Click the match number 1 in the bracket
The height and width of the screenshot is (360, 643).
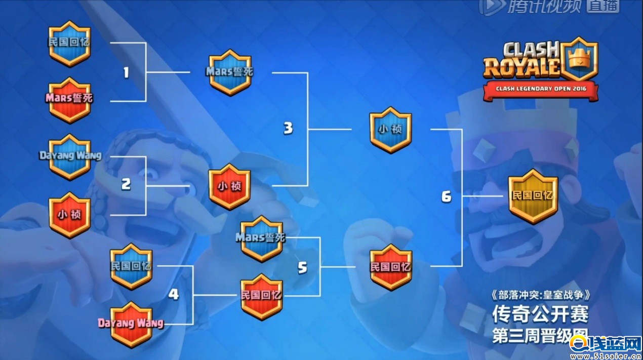click(x=126, y=73)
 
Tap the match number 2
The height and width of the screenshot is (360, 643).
click(x=126, y=184)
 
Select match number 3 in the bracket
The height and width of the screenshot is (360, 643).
click(x=288, y=129)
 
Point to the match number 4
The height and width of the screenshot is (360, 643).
click(x=174, y=294)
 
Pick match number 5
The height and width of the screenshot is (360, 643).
click(x=302, y=267)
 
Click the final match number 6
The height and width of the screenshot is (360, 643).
click(x=446, y=196)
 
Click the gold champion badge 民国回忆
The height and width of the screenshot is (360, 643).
click(x=533, y=196)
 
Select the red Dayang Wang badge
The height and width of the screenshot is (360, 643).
click(x=131, y=324)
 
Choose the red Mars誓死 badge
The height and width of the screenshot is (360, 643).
click(x=70, y=99)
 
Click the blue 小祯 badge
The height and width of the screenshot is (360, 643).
click(x=390, y=130)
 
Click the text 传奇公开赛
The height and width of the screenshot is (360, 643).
click(x=540, y=315)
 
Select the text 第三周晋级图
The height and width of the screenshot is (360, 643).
click(x=540, y=336)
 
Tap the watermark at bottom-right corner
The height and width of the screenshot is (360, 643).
click(x=606, y=348)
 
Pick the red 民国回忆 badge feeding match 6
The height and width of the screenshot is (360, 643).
click(x=390, y=267)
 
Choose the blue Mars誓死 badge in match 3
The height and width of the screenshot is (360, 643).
click(x=230, y=72)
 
